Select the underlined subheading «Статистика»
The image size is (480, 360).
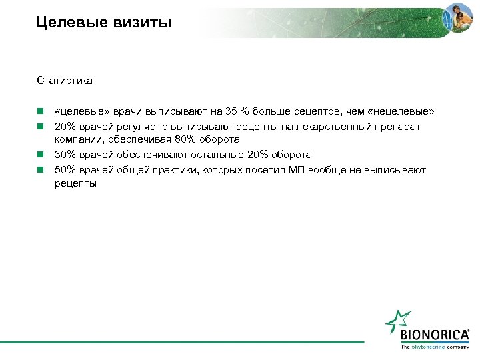coord(65,81)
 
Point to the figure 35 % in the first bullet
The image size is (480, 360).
coord(233,111)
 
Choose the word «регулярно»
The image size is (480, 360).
coord(139,125)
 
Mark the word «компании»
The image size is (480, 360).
coord(77,139)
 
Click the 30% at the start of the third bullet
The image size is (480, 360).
coord(66,155)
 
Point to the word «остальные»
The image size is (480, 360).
coord(214,155)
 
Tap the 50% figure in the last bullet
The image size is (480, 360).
coord(66,170)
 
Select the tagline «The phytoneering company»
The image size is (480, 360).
coord(434,347)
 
